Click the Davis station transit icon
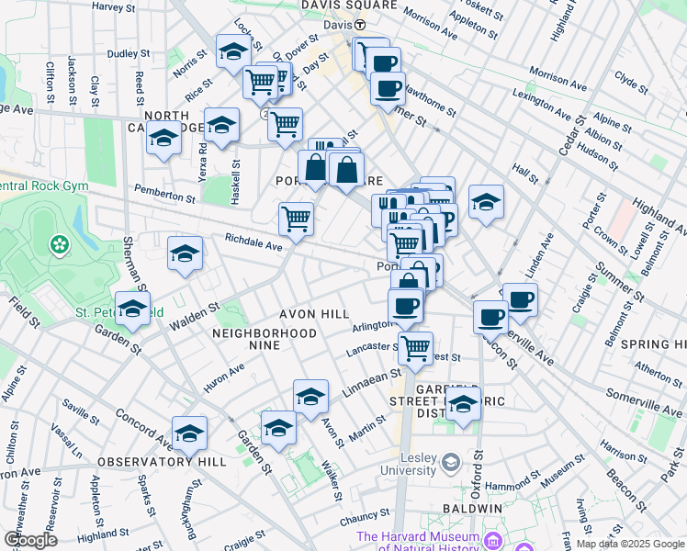(361, 24)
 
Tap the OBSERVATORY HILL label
(148, 461)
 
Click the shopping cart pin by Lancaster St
(416, 347)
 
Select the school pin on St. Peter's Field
(133, 309)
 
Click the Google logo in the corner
(30, 539)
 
